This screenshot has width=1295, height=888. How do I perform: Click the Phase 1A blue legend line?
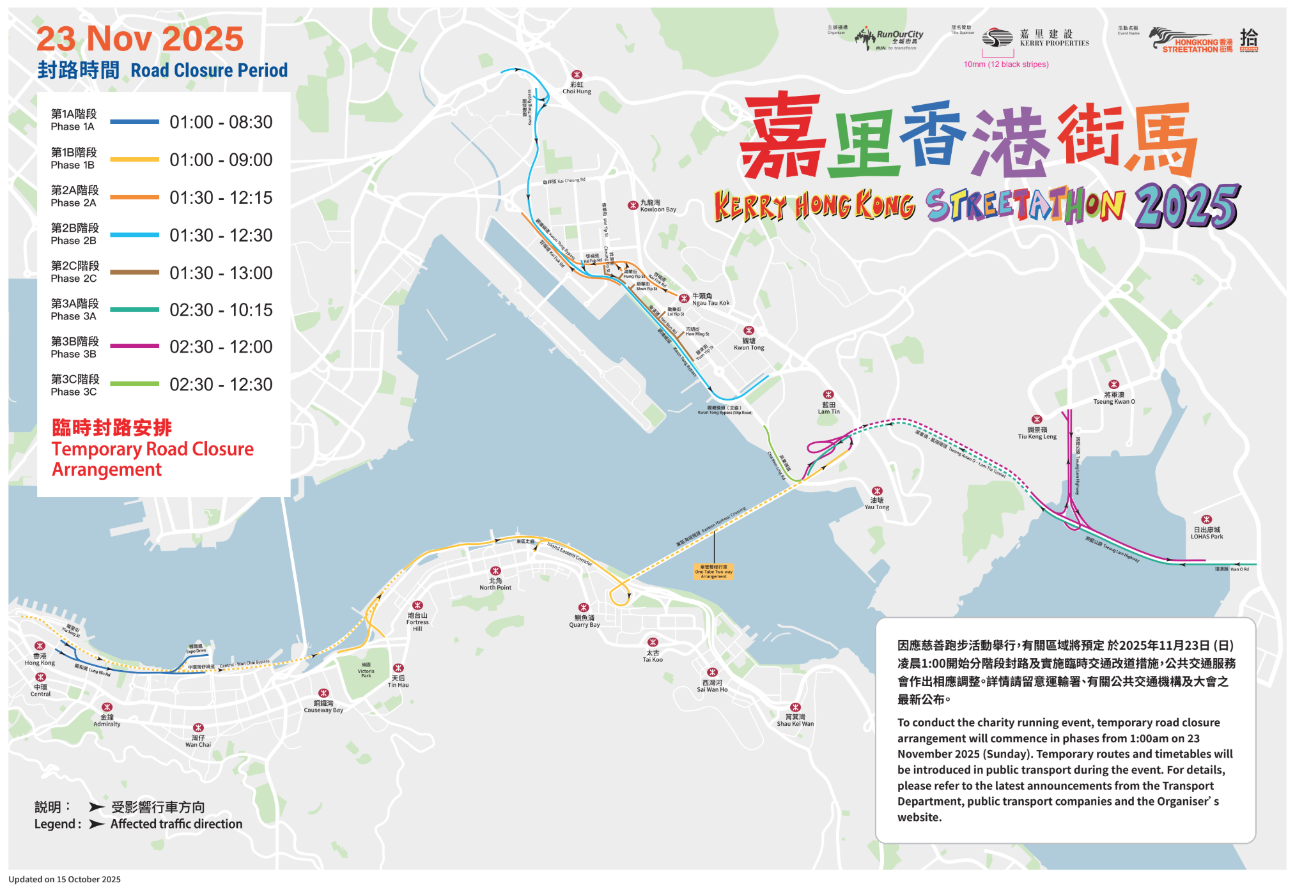134,121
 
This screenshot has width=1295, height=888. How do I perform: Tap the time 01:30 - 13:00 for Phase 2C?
221,273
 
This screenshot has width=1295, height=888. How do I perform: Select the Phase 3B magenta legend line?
134,346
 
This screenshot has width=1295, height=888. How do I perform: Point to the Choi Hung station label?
577,88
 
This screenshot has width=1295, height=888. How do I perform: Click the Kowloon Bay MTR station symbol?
632,205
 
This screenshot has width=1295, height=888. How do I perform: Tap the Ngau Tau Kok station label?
710,300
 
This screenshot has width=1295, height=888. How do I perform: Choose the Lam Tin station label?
828,408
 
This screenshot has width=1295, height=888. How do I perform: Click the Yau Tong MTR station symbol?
877,491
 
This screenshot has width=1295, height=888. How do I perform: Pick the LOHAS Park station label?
1206,533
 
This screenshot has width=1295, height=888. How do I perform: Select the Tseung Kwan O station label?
1113,398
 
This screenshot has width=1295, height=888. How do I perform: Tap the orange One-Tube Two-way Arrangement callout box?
713,571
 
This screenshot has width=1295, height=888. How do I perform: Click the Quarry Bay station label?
584,622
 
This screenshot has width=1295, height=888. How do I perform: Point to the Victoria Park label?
366,670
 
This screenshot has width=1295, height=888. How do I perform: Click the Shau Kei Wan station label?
795,721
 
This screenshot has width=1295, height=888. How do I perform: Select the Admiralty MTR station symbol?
107,707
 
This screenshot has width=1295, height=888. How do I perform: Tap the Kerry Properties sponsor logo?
1035,38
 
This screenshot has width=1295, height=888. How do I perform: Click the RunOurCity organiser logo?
889,38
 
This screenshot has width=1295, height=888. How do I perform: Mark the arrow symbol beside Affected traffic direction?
97,824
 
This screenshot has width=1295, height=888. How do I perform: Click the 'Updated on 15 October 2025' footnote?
65,880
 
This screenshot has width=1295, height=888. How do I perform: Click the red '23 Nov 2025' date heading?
140,39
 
